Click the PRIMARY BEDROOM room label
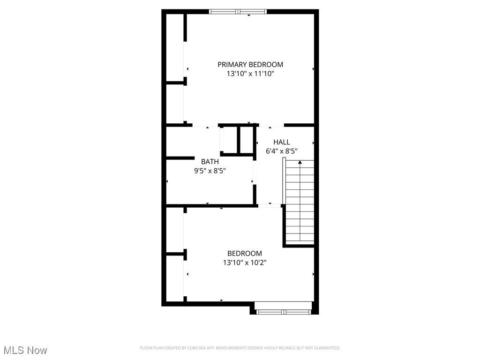click(x=250, y=65)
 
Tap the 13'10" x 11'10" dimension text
click(x=250, y=74)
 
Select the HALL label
click(x=282, y=142)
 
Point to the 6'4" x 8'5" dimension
click(x=282, y=151)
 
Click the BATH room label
click(x=210, y=162)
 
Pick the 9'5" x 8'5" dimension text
click(x=210, y=171)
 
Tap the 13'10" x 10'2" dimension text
click(x=245, y=263)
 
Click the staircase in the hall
click(x=300, y=202)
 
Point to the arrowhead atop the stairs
click(x=300, y=162)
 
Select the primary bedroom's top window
click(x=238, y=12)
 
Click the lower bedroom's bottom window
click(x=283, y=311)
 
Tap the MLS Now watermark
click(x=25, y=350)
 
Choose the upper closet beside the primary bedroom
click(x=175, y=47)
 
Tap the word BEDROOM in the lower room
click(x=245, y=254)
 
